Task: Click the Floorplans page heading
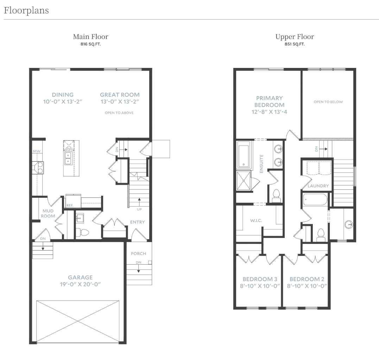click(26, 11)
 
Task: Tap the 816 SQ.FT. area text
click(90, 44)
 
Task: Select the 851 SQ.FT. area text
click(295, 44)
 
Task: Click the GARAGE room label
click(80, 277)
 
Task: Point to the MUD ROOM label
click(48, 213)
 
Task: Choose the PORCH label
click(138, 253)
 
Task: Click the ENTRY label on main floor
click(137, 222)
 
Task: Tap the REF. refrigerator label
click(70, 205)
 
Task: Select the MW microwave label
click(36, 151)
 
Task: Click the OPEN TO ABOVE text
click(119, 113)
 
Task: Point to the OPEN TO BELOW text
click(328, 102)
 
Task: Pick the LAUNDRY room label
click(318, 186)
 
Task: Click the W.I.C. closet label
click(256, 221)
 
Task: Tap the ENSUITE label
click(261, 163)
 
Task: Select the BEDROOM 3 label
click(258, 279)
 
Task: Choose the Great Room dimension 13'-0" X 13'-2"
click(120, 102)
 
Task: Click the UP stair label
click(140, 209)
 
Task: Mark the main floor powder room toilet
click(83, 232)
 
